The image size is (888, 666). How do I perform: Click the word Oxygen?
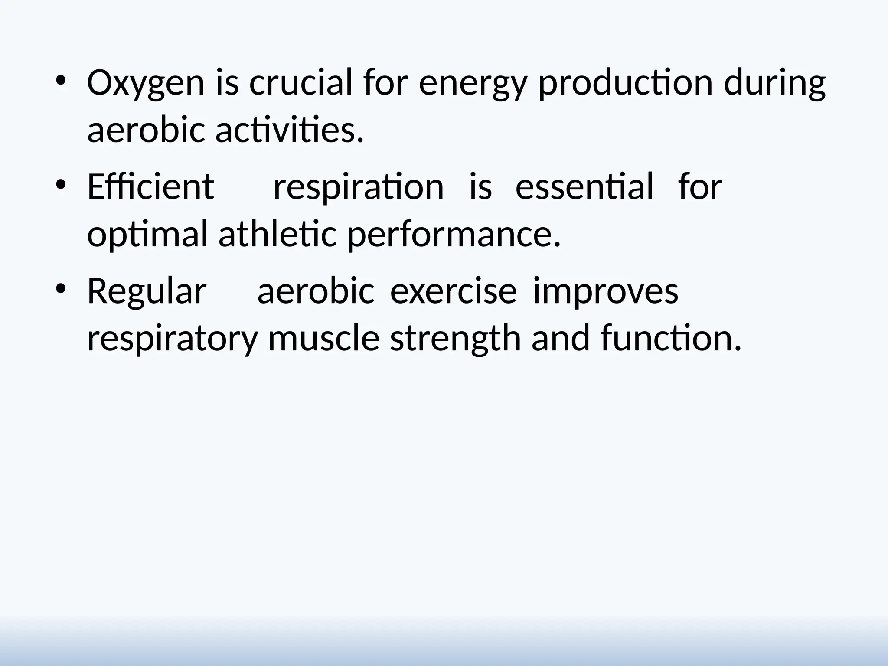[146, 83]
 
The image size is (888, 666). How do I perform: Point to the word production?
[626, 83]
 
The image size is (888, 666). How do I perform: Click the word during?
[775, 83]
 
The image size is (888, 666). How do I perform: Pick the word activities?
[289, 131]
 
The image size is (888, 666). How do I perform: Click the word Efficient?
[150, 186]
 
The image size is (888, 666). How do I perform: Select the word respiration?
[358, 187]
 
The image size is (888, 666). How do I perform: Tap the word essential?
[584, 186]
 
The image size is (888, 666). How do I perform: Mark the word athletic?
[277, 234]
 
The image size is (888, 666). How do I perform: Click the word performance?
[454, 235]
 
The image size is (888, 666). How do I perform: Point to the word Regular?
[147, 291]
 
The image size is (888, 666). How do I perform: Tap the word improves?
[605, 291]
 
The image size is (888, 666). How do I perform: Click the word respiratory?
[173, 339]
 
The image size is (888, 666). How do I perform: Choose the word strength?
[455, 339]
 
